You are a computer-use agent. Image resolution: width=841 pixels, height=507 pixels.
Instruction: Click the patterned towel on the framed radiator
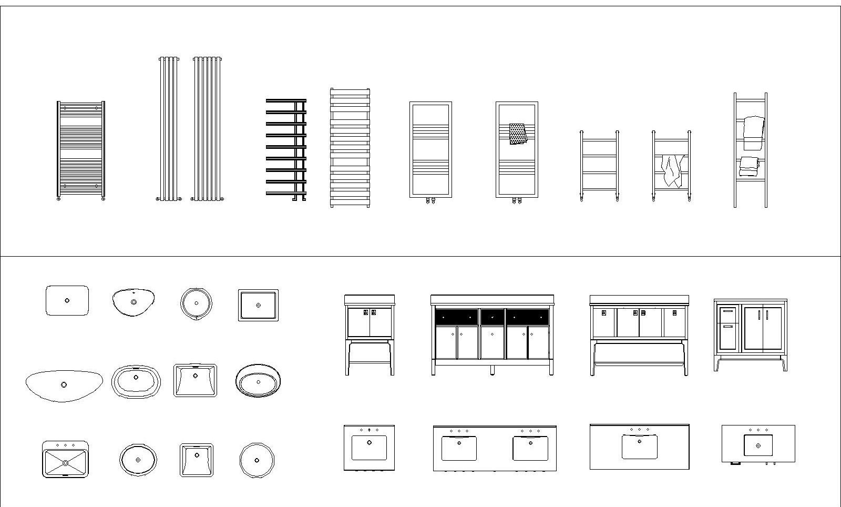click(x=518, y=134)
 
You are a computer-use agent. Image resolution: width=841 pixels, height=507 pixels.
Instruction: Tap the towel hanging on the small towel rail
click(x=672, y=170)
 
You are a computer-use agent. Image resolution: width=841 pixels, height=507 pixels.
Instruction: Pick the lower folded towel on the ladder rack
click(x=748, y=166)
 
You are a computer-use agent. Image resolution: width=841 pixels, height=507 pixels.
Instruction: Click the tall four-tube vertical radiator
click(x=168, y=129)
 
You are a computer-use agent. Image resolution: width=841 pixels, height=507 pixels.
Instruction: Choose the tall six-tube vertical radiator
click(x=207, y=129)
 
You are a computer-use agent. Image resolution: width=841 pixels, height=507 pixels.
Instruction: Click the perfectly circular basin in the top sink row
click(x=197, y=303)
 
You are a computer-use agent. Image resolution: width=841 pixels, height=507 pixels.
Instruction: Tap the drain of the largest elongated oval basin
click(x=64, y=385)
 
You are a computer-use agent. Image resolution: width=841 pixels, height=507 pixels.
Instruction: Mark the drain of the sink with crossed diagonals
click(x=65, y=463)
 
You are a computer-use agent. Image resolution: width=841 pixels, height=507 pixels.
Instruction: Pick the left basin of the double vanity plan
click(x=459, y=448)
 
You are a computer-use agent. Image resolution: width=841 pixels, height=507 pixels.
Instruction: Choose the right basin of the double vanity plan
click(x=530, y=448)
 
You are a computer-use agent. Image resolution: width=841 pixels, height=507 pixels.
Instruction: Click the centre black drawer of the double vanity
click(x=493, y=317)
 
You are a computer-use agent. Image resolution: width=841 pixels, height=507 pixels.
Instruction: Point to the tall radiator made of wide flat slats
click(x=350, y=147)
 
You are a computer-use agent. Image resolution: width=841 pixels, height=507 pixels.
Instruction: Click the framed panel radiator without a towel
click(x=430, y=150)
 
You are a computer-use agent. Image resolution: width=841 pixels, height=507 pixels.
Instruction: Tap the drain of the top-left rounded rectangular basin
click(x=67, y=301)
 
